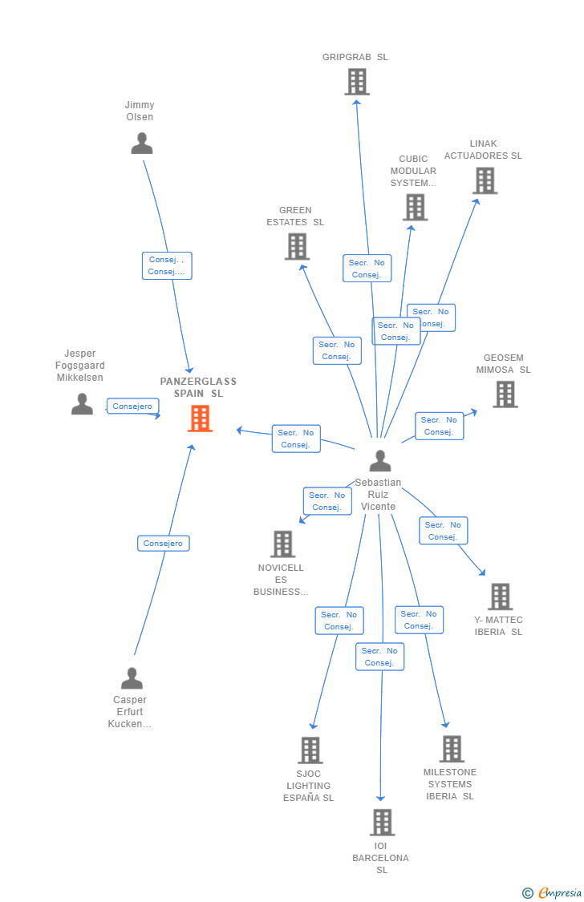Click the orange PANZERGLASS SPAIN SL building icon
(x=200, y=419)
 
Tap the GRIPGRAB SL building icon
(x=356, y=82)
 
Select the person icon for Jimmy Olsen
(x=142, y=144)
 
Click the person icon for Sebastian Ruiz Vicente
(x=379, y=461)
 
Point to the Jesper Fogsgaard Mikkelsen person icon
(x=82, y=404)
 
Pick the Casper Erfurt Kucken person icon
(x=132, y=678)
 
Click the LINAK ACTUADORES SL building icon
(x=485, y=181)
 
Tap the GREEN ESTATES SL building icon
(x=297, y=246)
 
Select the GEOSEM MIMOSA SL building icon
(x=505, y=394)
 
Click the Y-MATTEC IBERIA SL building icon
(x=500, y=597)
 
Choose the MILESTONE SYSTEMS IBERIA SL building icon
(x=452, y=749)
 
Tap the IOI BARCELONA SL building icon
(x=382, y=822)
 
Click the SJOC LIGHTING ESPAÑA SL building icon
(x=310, y=750)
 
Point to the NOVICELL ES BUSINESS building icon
(x=282, y=544)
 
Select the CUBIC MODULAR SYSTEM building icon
(x=415, y=207)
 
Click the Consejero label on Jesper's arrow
(x=132, y=407)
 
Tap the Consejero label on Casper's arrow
(x=163, y=544)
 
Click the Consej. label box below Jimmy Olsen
(x=167, y=265)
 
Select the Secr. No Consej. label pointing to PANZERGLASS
(x=296, y=439)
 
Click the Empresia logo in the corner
(x=553, y=893)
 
